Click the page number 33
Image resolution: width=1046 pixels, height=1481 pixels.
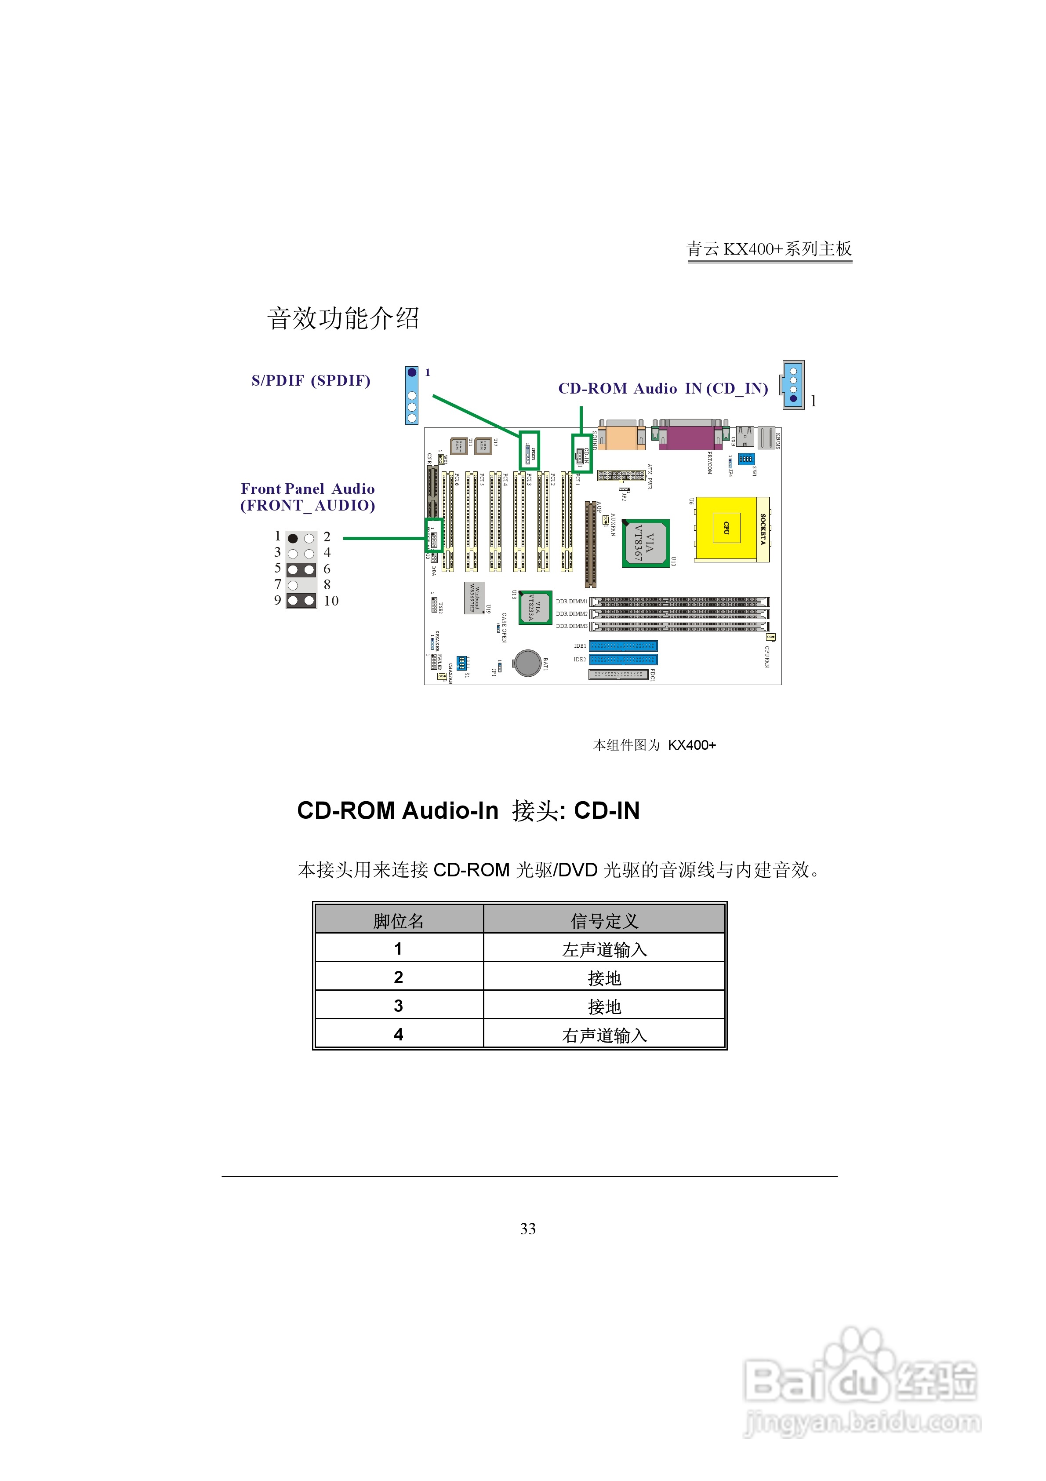point(527,1229)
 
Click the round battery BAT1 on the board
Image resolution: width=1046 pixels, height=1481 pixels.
point(527,663)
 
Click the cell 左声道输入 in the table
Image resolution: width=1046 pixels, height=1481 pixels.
point(604,949)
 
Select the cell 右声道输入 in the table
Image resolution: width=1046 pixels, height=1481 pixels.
point(604,1035)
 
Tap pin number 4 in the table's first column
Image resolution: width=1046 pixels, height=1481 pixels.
point(399,1035)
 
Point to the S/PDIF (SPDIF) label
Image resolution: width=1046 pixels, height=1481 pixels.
point(311,380)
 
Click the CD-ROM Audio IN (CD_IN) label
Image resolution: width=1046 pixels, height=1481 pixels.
point(663,388)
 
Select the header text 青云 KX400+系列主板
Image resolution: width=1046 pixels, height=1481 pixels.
point(769,249)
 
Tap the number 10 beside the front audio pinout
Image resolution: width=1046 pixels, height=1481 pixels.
point(331,601)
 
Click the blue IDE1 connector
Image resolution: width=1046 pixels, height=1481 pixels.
point(623,646)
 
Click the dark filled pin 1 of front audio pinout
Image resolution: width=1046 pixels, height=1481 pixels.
point(293,538)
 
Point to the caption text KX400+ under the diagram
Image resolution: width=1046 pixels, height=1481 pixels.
point(691,745)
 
